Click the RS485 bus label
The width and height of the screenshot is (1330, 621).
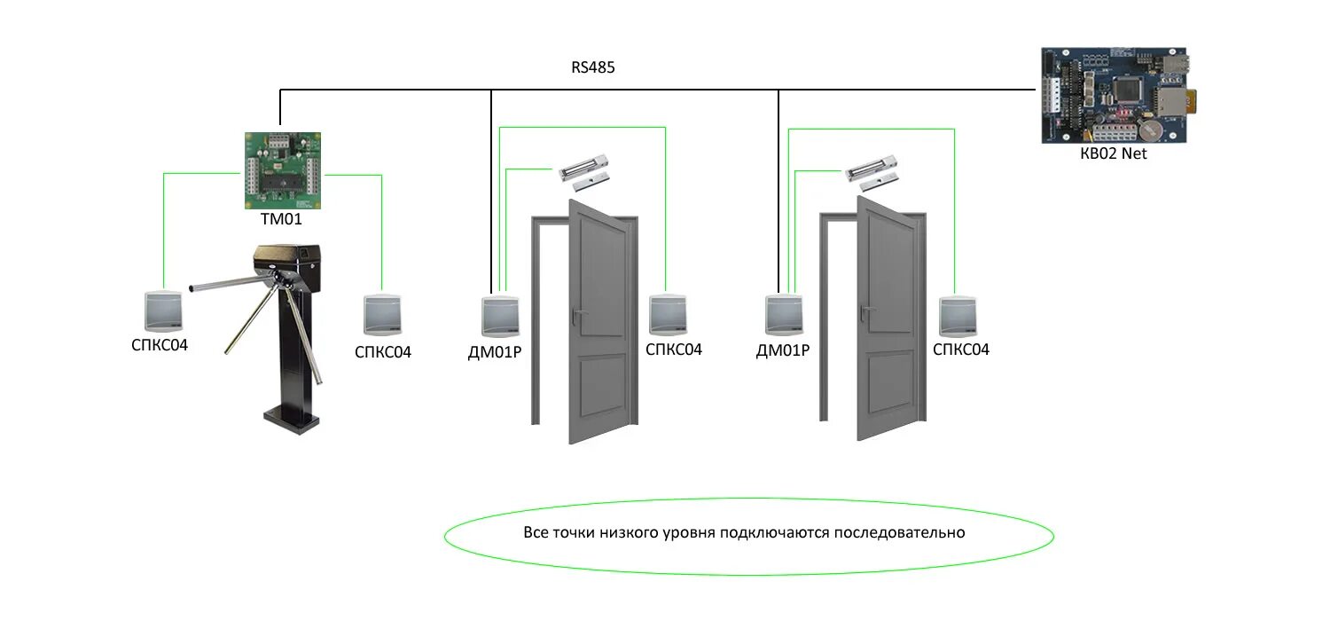[x=593, y=67]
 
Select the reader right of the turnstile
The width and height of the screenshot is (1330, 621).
[x=382, y=315]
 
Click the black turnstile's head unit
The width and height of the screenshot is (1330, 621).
[x=286, y=261]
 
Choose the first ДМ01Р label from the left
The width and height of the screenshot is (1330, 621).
[x=495, y=351]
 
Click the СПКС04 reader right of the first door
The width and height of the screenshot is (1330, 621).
[x=670, y=315]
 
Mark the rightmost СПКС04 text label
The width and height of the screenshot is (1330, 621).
[x=961, y=350]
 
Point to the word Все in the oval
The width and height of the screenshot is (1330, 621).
[x=536, y=533]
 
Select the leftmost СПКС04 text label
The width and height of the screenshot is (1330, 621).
[x=160, y=344]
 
